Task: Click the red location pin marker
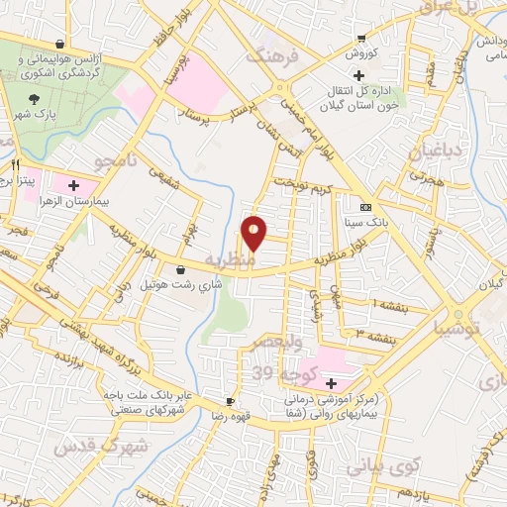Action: (x=253, y=235)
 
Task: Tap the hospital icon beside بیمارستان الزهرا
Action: (x=73, y=184)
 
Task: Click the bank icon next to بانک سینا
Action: (x=366, y=207)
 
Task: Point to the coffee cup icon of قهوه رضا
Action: (x=231, y=401)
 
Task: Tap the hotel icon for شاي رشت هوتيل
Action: (x=181, y=269)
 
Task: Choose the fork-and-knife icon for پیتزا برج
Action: (x=14, y=165)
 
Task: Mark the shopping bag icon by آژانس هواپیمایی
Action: (x=62, y=45)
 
